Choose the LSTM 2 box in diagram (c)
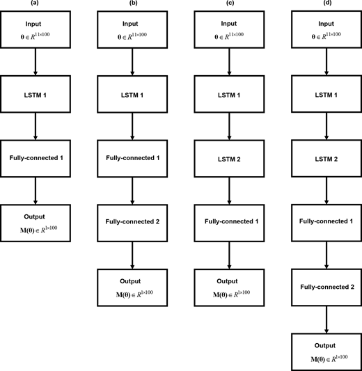click(x=230, y=158)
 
